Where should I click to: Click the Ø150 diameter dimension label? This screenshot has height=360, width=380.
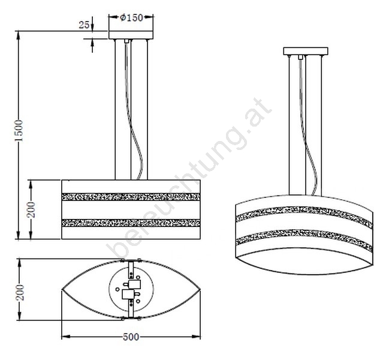coord(132,18)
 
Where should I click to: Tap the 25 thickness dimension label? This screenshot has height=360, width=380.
coord(84,25)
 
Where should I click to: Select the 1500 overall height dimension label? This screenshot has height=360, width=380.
coord(19,131)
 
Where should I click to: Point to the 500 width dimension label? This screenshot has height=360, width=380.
coord(131,337)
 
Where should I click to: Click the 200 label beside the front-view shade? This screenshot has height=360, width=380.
coord(31,209)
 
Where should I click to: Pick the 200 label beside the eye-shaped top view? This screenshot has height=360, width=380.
coord(20,293)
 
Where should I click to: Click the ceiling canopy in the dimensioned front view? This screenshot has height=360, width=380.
coord(131,35)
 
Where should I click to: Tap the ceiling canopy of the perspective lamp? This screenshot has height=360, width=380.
coord(306,51)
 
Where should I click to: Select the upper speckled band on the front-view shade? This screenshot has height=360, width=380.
coord(131,197)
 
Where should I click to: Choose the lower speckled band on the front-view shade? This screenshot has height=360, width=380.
coord(131,223)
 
